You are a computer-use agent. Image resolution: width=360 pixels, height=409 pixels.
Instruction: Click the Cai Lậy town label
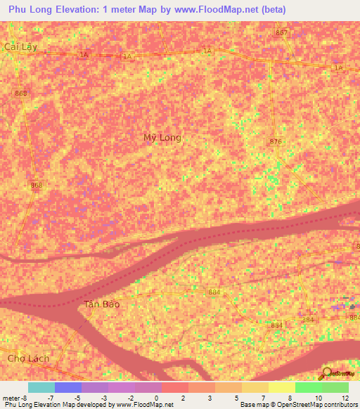click(x=20, y=47)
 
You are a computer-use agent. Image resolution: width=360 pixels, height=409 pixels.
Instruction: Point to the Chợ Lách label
click(x=28, y=358)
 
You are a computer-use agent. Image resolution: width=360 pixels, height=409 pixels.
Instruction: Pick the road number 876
click(x=276, y=142)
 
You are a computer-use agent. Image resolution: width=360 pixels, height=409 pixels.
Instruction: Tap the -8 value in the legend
click(x=23, y=398)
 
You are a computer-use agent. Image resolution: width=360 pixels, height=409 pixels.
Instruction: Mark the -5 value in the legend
click(x=77, y=398)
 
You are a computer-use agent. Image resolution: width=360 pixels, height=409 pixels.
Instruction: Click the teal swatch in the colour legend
click(x=41, y=387)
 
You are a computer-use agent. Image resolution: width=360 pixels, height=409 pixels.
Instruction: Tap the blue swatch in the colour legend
click(x=68, y=387)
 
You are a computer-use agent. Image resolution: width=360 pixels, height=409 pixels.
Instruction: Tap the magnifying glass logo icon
click(x=327, y=374)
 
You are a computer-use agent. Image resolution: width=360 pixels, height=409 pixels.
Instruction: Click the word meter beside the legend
click(x=11, y=398)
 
